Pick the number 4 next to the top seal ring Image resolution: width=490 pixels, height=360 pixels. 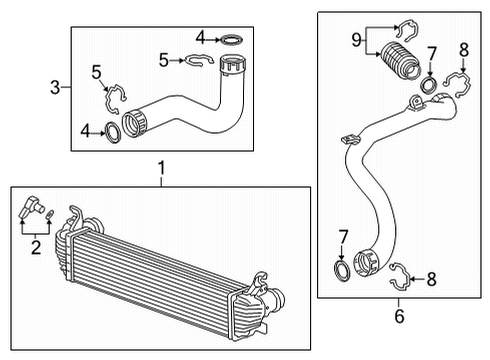click(x=201, y=39)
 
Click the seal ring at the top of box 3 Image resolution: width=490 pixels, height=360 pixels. click(x=232, y=40)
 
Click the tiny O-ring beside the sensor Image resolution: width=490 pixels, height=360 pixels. click(x=52, y=212)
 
